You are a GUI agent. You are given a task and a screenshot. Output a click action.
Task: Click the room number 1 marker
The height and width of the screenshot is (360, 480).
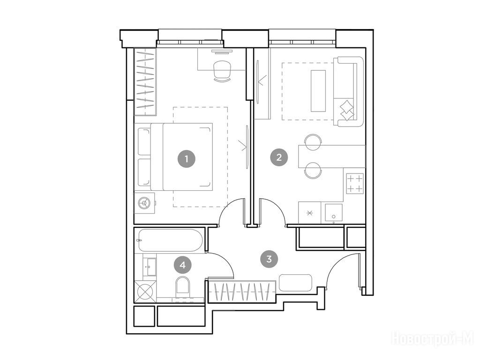click(x=187, y=159)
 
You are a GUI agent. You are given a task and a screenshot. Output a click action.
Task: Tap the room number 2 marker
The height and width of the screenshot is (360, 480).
click(x=278, y=157)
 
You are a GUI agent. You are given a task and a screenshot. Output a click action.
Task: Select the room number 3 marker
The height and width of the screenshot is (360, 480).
click(x=269, y=259)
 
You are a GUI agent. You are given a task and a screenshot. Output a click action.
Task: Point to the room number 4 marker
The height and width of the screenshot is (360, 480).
click(x=183, y=265)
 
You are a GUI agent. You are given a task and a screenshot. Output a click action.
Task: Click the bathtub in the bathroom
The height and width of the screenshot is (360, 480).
click(x=170, y=240)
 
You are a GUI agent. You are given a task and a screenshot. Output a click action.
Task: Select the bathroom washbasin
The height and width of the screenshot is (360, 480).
click(x=150, y=266)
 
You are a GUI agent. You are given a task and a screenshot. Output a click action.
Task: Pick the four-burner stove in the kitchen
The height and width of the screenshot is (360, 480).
click(x=355, y=183)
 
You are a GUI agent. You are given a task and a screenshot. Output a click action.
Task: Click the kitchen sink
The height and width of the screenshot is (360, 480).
click(x=333, y=212)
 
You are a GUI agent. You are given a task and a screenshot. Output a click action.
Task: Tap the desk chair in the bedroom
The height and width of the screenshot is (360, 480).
click(x=222, y=71)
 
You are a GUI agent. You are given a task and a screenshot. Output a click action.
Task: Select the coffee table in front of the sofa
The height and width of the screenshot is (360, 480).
click(x=318, y=91)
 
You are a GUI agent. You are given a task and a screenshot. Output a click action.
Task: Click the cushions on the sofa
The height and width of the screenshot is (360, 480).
click(x=347, y=111)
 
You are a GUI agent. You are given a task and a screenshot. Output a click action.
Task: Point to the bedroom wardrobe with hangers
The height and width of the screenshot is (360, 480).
click(x=145, y=82)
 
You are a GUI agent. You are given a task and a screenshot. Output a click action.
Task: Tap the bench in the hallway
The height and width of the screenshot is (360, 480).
click(x=295, y=283)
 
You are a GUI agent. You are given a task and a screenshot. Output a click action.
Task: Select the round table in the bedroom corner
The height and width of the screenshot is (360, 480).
click(x=144, y=202)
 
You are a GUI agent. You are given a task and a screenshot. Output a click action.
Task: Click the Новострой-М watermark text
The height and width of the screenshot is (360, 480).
click(x=433, y=339)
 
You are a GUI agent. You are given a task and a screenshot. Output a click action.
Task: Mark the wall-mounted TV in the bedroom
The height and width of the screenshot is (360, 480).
click(x=247, y=147)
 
